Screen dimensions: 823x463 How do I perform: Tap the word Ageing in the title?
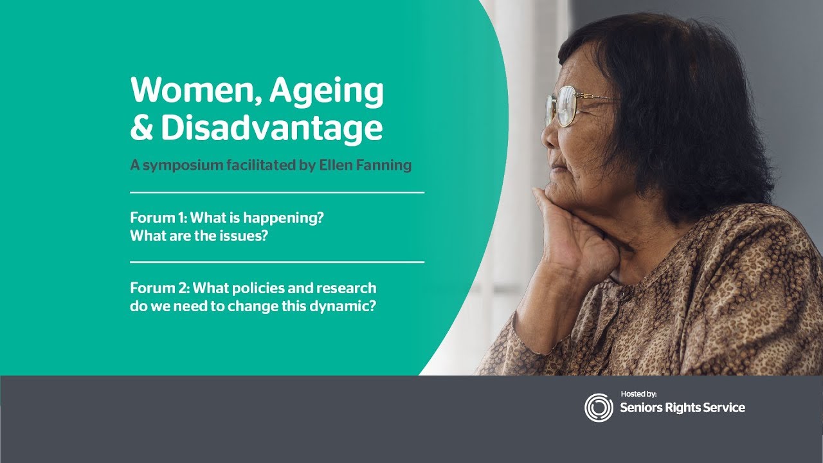(327, 92)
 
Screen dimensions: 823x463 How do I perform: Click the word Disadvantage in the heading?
(272, 129)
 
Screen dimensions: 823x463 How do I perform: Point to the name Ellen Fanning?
(365, 165)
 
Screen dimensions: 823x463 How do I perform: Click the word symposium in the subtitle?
(183, 166)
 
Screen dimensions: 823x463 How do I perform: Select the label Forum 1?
(159, 217)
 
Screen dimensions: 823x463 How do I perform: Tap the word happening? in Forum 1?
(284, 218)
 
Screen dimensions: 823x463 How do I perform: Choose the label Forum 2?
(160, 287)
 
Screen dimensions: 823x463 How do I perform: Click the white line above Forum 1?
(277, 192)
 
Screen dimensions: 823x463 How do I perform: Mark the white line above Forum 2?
(277, 262)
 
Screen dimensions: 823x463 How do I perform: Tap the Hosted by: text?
(638, 394)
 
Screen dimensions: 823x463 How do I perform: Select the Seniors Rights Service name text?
(683, 408)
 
